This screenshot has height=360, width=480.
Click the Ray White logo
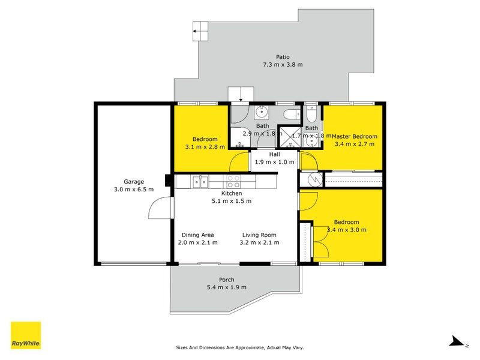26,335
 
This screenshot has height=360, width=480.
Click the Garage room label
134,181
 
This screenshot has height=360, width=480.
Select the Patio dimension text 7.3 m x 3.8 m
283,64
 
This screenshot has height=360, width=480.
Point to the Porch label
226,280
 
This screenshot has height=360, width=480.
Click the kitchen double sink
200,180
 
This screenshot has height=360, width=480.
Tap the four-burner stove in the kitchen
233,181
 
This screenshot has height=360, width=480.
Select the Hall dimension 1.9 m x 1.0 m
275,162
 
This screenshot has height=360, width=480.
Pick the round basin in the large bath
262,112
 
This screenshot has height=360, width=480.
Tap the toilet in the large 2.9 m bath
292,113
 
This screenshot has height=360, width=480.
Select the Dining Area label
197,235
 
